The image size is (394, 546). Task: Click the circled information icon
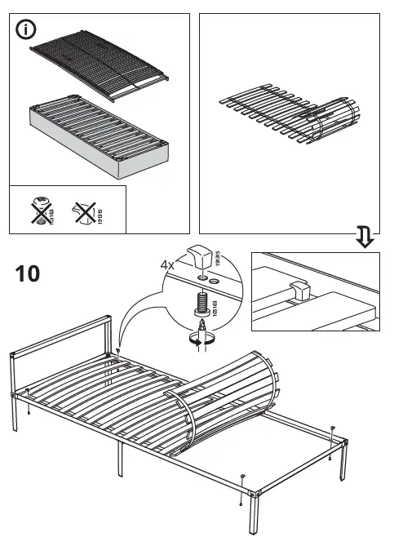pos(27,30)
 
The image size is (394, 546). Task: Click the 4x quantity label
pos(168,264)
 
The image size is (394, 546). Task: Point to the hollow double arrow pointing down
pos(365,238)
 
